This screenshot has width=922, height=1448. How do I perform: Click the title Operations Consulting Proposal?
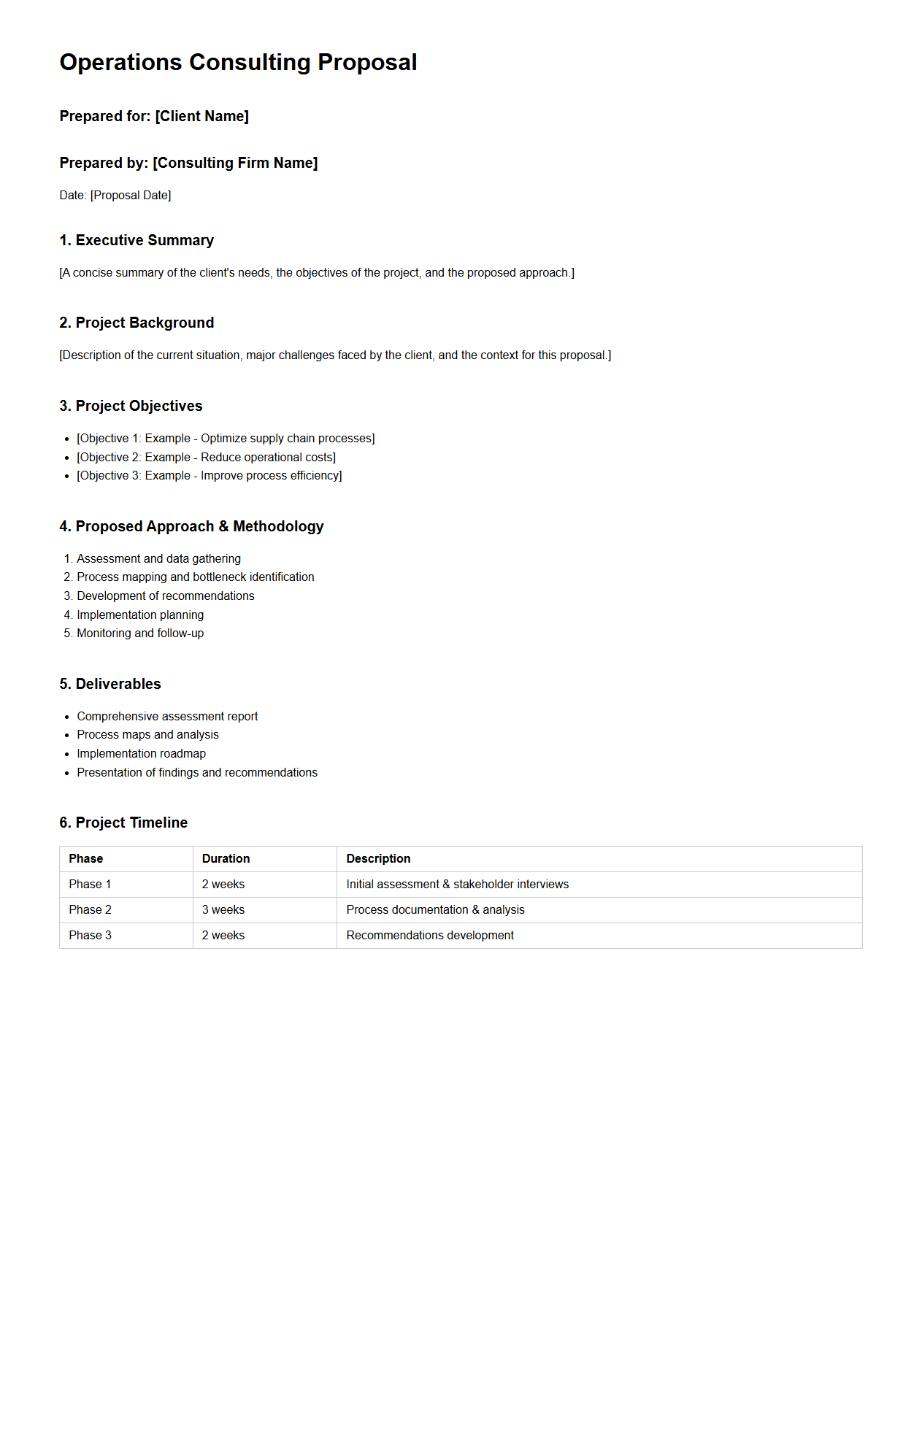[x=238, y=63]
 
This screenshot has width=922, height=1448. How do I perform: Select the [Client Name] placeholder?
[x=202, y=117]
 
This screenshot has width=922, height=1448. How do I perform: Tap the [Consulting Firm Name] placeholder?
[x=235, y=163]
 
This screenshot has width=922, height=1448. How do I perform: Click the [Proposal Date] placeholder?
[x=131, y=196]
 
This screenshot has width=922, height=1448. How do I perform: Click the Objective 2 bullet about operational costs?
[x=206, y=458]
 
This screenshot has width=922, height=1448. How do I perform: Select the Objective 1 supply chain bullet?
[x=226, y=439]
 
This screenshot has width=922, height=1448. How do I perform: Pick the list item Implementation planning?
[x=140, y=615]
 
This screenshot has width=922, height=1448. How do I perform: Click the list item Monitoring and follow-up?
[x=140, y=633]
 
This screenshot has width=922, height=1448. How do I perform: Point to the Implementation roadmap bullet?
[x=142, y=754]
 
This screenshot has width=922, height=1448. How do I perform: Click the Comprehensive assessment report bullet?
[x=167, y=717]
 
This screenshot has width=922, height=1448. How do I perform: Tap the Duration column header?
[x=226, y=859]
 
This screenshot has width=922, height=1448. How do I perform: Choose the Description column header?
[x=378, y=859]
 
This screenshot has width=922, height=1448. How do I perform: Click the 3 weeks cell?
[x=223, y=910]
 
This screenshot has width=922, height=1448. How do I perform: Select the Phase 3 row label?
[x=91, y=936]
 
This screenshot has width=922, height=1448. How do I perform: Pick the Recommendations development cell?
[x=430, y=936]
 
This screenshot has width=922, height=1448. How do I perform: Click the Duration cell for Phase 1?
[x=223, y=885]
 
